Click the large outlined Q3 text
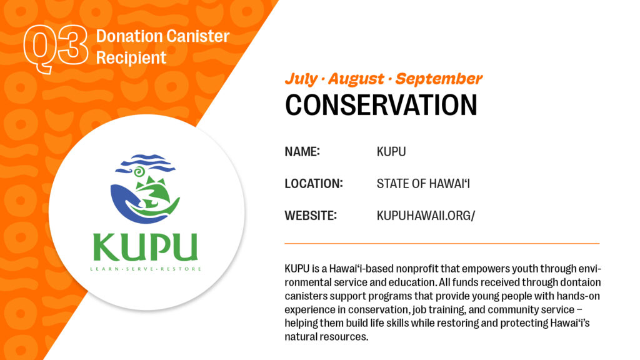coord(56,49)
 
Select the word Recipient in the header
coord(131,58)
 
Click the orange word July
coord(301,79)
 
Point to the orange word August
coord(356,79)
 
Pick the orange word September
coord(439,79)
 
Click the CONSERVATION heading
coord(381,105)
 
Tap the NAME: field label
coord(302,151)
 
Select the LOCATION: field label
coord(314,184)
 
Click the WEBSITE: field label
coord(311,216)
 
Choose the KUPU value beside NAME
coord(391,151)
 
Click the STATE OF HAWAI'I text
coord(423,184)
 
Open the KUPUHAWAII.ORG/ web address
coord(426,216)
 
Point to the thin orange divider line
coord(442,243)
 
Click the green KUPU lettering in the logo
coord(145,247)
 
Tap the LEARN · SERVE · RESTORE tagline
coord(146,269)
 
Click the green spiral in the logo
coord(139,172)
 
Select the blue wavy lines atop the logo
coord(145,163)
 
